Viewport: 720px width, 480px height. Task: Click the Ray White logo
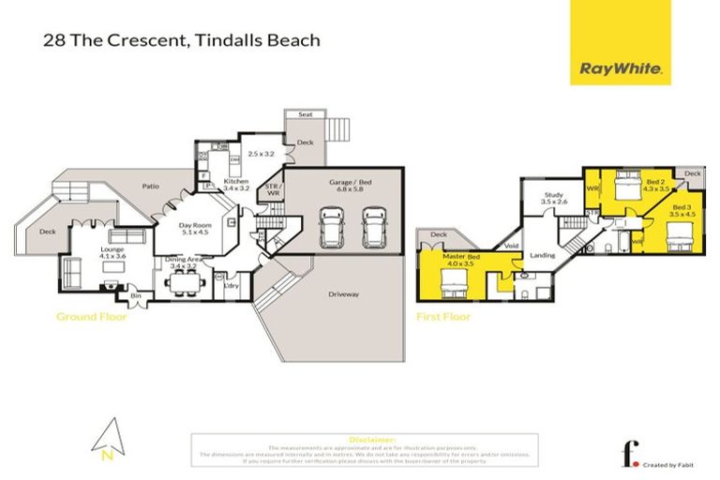(x=621, y=68)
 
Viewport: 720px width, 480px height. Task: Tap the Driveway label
(x=343, y=294)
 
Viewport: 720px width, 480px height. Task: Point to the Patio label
(x=151, y=187)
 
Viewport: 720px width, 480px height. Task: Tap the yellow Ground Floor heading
(x=91, y=317)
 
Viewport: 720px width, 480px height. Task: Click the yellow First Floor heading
(x=443, y=317)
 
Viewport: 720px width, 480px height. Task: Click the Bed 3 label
(x=681, y=210)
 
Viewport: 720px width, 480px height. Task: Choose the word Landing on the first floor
(x=543, y=255)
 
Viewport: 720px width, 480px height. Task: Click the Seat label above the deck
(x=305, y=114)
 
